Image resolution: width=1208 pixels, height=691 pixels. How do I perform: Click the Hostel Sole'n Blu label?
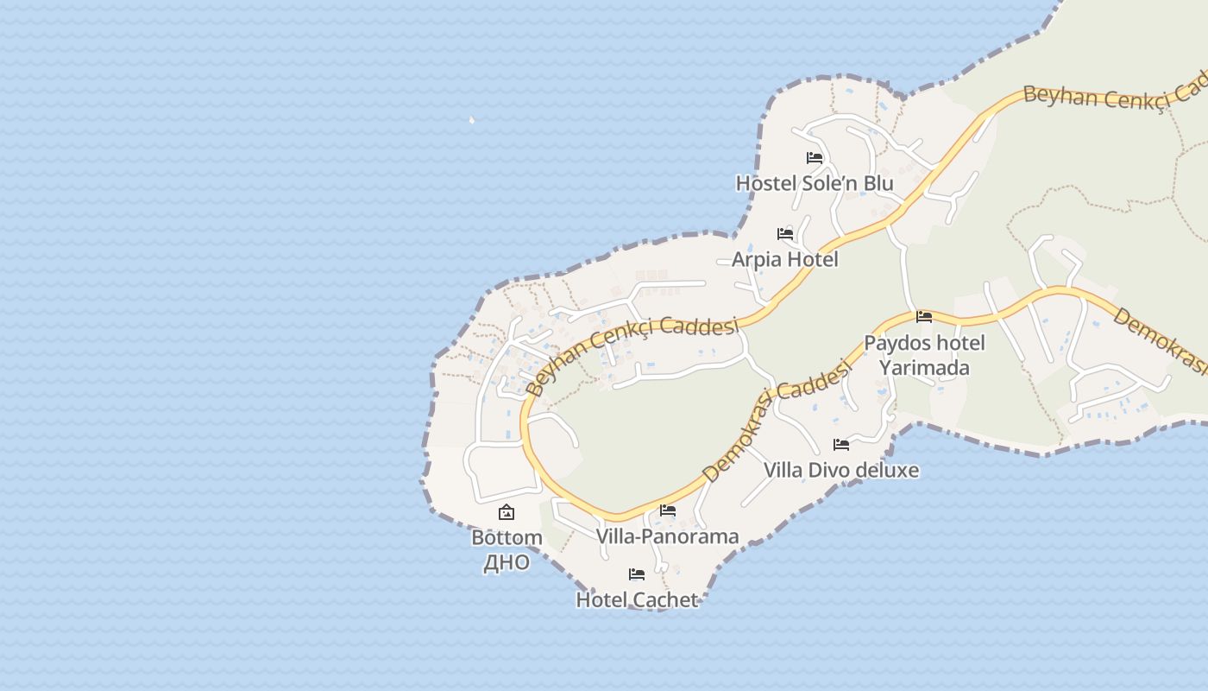[x=815, y=183]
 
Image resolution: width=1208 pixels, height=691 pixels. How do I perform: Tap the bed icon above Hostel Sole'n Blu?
[x=815, y=158]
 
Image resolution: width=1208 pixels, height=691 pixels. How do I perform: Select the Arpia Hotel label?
[x=784, y=259]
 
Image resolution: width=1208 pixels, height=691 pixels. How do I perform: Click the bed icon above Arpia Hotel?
[x=785, y=234]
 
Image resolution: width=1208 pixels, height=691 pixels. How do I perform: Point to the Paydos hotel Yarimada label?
[x=924, y=355]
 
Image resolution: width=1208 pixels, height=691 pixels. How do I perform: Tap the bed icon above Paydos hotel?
[x=924, y=317]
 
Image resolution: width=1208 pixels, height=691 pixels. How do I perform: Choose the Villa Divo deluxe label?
[x=840, y=470]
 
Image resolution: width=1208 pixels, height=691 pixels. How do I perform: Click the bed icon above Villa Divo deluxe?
[x=841, y=445]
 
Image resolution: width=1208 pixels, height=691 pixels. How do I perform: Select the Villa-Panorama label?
[x=667, y=536]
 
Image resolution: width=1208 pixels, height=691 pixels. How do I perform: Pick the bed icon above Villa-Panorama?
[x=667, y=510]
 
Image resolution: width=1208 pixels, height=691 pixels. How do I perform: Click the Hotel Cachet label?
[x=637, y=599]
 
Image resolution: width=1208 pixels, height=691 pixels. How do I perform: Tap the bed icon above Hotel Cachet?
[x=637, y=574]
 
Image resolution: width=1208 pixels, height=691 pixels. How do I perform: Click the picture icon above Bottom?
[x=506, y=512]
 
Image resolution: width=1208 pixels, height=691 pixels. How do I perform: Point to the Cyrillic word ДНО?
[x=506, y=563]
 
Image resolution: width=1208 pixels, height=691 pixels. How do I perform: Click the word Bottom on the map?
[x=506, y=537]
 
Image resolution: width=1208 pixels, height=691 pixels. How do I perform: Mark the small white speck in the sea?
[x=471, y=120]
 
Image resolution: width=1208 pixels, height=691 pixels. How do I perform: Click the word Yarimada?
[x=923, y=368]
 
